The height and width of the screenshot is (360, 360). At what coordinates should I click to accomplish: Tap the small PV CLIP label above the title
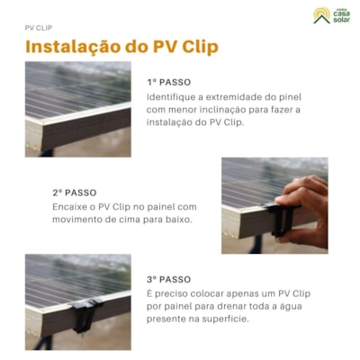(38, 28)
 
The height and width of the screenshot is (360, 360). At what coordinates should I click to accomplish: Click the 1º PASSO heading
(168, 81)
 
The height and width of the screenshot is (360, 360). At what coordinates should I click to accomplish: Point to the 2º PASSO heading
(74, 193)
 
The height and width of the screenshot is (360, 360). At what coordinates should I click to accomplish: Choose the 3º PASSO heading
(168, 279)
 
